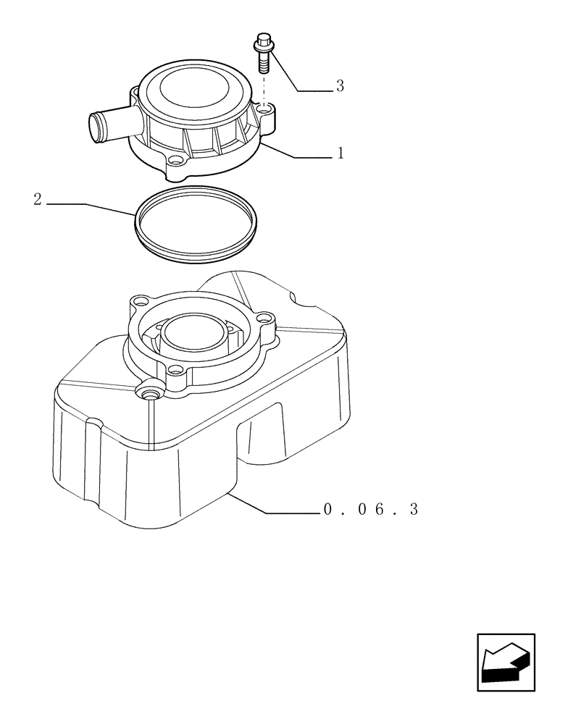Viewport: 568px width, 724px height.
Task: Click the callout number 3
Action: [339, 87]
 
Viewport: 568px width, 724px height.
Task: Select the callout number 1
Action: [339, 154]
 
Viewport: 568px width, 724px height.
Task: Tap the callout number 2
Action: [38, 200]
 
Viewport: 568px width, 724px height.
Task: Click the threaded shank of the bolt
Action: [263, 63]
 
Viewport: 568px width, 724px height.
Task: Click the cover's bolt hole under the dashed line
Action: [267, 110]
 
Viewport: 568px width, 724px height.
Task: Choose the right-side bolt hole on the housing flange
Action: [264, 317]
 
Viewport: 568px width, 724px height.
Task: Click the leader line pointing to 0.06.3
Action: [283, 510]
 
